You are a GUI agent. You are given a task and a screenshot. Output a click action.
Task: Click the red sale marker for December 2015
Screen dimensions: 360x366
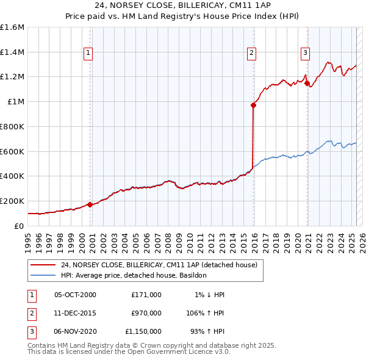tap(253, 105)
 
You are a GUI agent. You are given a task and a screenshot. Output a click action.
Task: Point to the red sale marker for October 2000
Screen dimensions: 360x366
tap(90, 204)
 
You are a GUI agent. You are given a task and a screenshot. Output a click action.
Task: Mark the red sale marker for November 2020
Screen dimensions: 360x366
tap(307, 83)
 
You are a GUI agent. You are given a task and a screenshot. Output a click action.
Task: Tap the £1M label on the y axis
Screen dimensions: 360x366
tap(16, 102)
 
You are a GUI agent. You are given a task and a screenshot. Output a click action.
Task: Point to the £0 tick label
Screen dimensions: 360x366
tap(20, 226)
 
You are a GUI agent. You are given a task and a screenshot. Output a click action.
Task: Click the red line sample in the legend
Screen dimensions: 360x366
tap(43, 265)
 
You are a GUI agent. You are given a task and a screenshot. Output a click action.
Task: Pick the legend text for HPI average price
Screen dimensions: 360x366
tap(134, 275)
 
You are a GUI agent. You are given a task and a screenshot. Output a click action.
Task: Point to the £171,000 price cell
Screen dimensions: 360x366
tap(146, 295)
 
